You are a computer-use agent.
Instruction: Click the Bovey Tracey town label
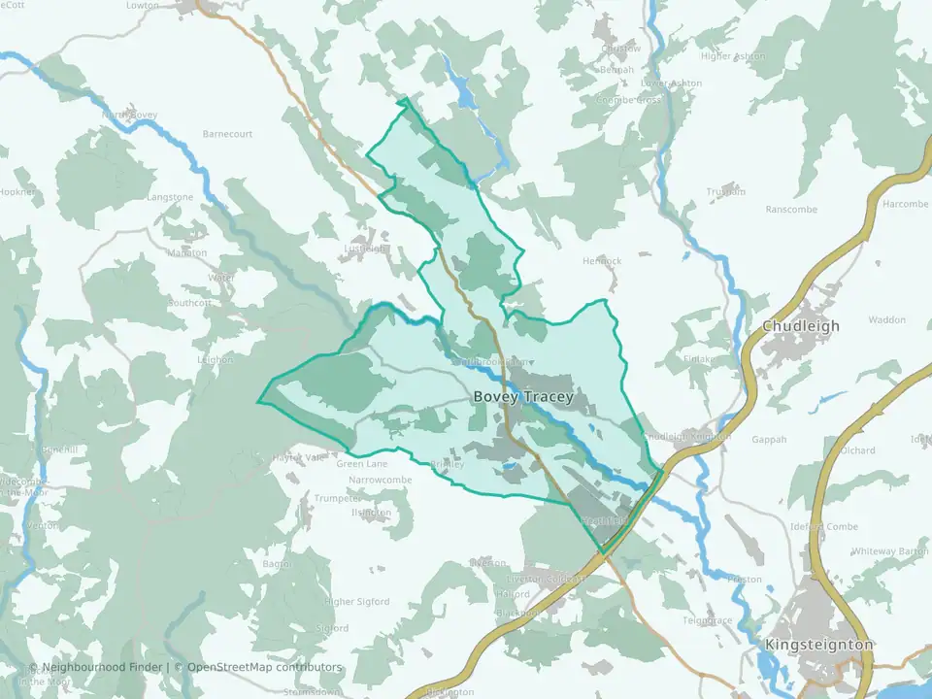click(523, 397)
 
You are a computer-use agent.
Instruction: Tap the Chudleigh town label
click(801, 326)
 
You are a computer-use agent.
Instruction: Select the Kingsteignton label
click(818, 645)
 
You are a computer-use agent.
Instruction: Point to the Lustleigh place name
click(366, 250)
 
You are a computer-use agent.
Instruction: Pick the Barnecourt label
click(227, 134)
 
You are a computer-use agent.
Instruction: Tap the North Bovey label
click(130, 116)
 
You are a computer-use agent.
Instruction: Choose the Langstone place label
click(170, 197)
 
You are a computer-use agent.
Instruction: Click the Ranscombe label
click(791, 210)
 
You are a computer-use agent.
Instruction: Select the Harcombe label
click(905, 204)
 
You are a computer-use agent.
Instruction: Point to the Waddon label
click(886, 320)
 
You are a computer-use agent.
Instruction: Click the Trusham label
click(726, 192)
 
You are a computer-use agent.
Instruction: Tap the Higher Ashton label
click(733, 56)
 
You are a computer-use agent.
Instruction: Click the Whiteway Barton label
click(890, 551)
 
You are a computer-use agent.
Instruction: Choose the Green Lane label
click(361, 464)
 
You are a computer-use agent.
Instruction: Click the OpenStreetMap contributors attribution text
click(264, 667)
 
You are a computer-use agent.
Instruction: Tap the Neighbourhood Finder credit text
click(103, 667)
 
